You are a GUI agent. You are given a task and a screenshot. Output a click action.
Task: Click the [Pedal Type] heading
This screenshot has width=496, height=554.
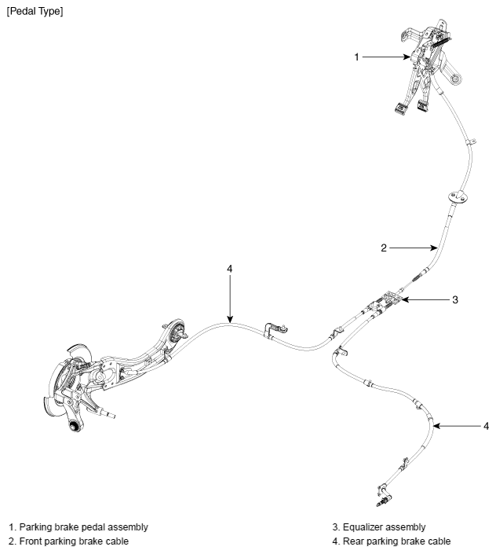[x=35, y=11]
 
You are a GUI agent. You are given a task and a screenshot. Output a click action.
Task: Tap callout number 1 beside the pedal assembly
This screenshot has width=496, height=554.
[x=356, y=57]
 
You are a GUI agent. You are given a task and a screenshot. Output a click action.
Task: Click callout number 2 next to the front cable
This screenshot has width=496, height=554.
[x=384, y=248]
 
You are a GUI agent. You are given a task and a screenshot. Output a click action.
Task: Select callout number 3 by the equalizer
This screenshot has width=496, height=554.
[x=455, y=300]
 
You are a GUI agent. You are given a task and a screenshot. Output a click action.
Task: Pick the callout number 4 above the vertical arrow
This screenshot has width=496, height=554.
[x=230, y=269]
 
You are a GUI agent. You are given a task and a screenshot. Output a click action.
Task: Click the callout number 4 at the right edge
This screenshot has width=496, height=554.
[x=486, y=426]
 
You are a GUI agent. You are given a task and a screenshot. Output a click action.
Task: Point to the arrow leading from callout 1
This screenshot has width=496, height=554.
[x=386, y=57]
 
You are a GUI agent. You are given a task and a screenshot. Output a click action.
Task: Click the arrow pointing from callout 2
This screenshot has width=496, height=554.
[x=414, y=248]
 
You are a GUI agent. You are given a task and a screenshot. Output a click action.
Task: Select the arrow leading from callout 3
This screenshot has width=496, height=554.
[x=426, y=299]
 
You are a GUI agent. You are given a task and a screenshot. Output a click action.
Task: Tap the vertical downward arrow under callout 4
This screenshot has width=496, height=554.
[x=230, y=299]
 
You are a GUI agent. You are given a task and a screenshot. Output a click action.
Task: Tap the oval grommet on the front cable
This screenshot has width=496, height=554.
[x=458, y=197]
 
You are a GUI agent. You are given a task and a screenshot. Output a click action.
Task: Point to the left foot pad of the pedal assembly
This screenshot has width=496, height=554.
[x=401, y=108]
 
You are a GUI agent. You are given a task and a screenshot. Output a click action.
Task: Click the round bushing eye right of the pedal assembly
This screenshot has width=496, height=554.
[x=456, y=79]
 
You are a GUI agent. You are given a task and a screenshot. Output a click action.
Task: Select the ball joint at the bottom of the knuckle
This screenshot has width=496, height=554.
[x=74, y=426]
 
